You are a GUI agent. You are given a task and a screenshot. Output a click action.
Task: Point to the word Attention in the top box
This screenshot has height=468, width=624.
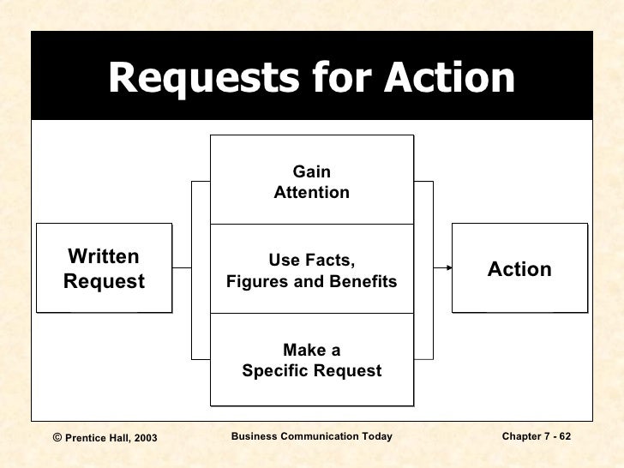pos(311,193)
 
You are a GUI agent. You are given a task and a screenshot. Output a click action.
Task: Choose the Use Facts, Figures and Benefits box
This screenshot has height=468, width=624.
pos(311,270)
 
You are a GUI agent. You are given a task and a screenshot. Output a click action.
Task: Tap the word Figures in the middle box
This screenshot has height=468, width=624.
pos(257,282)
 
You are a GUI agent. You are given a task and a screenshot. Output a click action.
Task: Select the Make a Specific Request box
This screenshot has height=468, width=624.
pos(311,360)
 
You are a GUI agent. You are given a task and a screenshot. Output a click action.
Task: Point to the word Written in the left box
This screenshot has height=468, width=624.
pos(104,258)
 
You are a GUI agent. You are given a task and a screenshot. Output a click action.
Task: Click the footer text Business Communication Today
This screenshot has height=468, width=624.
pos(312,437)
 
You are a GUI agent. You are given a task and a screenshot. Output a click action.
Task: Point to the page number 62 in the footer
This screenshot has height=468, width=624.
pos(565,437)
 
